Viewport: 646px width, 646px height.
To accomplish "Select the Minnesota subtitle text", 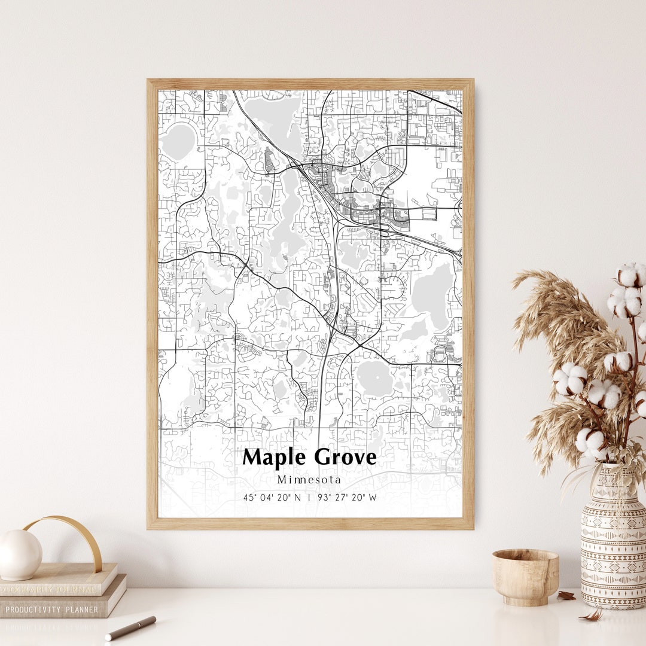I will pyautogui.click(x=309, y=480).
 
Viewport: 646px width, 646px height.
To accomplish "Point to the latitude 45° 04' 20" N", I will pyautogui.click(x=272, y=497).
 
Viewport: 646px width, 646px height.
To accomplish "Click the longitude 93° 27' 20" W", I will pyautogui.click(x=347, y=497).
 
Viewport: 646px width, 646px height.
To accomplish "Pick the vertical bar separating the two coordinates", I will pyautogui.click(x=309, y=497).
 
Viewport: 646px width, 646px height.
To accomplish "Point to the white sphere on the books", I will pyautogui.click(x=20, y=554).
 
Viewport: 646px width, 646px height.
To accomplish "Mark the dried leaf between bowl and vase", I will pyautogui.click(x=565, y=595).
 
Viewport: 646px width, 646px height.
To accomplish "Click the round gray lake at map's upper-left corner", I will pyautogui.click(x=178, y=142).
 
